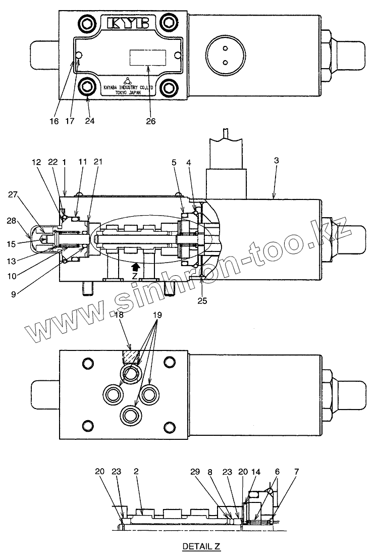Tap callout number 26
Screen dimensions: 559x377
click(x=151, y=121)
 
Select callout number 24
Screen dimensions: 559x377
click(x=89, y=121)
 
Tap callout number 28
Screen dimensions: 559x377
click(x=12, y=221)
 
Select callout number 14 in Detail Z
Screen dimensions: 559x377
click(x=256, y=471)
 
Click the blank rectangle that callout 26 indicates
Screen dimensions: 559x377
click(x=148, y=57)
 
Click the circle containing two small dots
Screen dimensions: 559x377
click(x=226, y=55)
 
